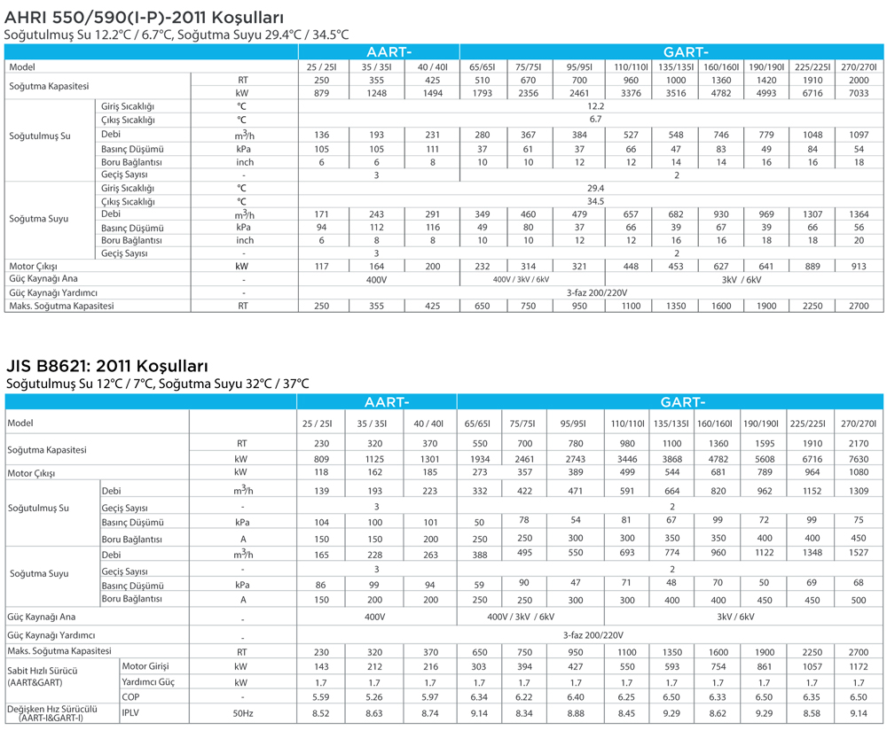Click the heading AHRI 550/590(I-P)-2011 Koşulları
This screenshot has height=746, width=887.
click(x=144, y=17)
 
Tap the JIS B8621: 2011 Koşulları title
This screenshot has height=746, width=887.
click(x=107, y=366)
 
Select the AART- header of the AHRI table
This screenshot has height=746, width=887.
click(x=389, y=52)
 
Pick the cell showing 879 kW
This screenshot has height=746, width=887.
click(x=321, y=93)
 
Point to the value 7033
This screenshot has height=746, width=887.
click(x=859, y=93)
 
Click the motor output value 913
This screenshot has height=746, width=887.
click(x=859, y=266)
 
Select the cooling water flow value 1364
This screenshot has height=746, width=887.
click(x=859, y=214)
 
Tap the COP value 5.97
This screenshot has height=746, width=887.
click(x=430, y=697)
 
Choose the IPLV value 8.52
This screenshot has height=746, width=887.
click(x=321, y=713)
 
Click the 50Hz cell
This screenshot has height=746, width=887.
click(x=243, y=713)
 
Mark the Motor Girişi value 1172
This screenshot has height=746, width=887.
click(x=858, y=667)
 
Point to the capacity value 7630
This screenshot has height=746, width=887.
click(x=858, y=459)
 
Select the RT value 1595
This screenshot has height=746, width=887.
click(x=765, y=444)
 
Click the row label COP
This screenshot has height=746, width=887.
click(x=130, y=697)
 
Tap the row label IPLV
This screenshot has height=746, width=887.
click(x=130, y=712)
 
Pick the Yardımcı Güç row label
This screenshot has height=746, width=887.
click(x=148, y=682)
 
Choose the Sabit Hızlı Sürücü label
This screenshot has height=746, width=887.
click(x=43, y=671)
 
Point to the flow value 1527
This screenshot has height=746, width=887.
click(x=858, y=553)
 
